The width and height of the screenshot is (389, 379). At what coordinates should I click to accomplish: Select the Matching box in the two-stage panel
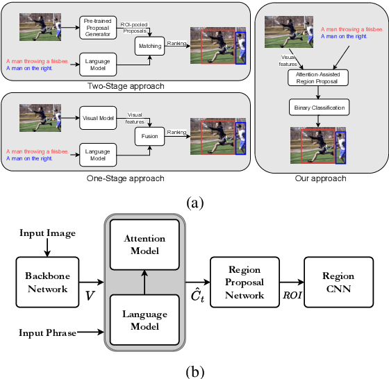(x=149, y=47)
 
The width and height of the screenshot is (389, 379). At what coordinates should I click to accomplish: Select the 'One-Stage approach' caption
(x=126, y=178)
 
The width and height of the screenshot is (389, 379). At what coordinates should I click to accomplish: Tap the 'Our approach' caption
(x=320, y=178)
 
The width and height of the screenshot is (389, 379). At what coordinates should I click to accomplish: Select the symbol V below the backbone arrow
(x=90, y=296)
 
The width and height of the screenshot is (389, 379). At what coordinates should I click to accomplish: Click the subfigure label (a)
(x=194, y=202)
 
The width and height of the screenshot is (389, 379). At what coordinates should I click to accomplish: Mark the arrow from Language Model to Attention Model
(x=144, y=281)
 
